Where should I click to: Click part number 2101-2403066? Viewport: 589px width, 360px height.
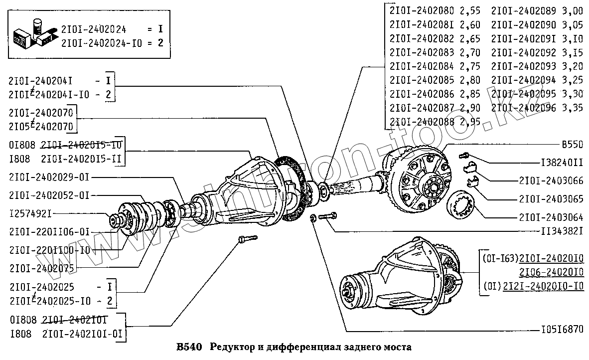tap(551, 180)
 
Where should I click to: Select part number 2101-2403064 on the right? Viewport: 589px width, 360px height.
tap(551, 217)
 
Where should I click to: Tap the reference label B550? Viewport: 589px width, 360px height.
tap(572, 145)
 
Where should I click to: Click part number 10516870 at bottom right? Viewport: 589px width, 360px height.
tap(562, 330)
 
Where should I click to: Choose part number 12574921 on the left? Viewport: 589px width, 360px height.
tap(30, 213)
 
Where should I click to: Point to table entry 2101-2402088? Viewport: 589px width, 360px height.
tap(422, 121)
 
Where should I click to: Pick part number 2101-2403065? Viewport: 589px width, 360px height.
tap(551, 199)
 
